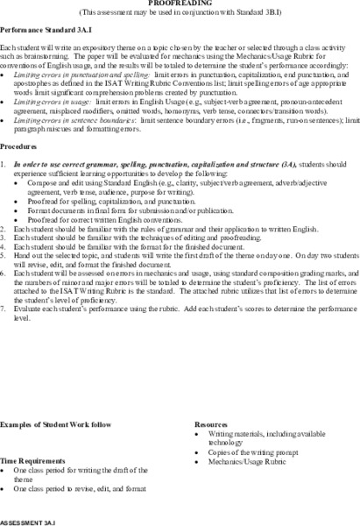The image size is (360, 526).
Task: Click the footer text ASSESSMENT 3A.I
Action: pos(30,519)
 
